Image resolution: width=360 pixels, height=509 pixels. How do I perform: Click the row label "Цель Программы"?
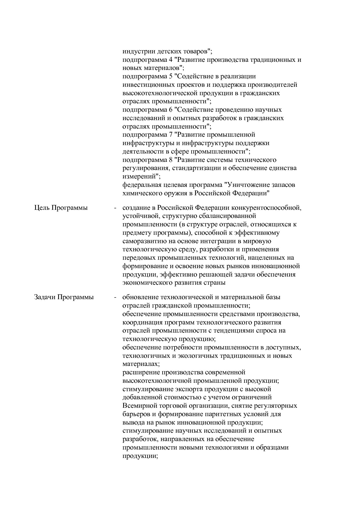coord(61,208)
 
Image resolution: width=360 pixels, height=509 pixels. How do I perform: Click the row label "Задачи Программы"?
coord(64,297)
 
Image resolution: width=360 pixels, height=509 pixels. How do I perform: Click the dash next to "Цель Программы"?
coord(115,208)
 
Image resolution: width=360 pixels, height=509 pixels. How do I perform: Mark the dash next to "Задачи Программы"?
coord(115,297)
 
